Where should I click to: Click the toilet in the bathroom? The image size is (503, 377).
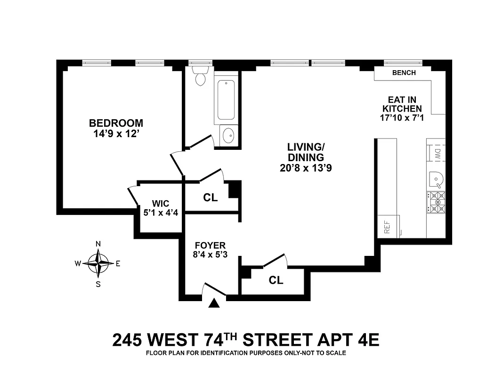coord(201,77)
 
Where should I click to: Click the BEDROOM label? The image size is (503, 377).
coord(116,123)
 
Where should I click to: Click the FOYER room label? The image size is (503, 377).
coord(210,246)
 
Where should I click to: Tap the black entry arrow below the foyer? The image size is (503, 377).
coord(214,304)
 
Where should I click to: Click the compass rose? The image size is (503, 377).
coord(98,263)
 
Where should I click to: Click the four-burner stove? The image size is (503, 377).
coord(436,202)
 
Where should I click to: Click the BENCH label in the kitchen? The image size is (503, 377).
coord(404,73)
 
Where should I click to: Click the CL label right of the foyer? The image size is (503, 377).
coord(276,280)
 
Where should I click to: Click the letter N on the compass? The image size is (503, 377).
coord(98,244)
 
